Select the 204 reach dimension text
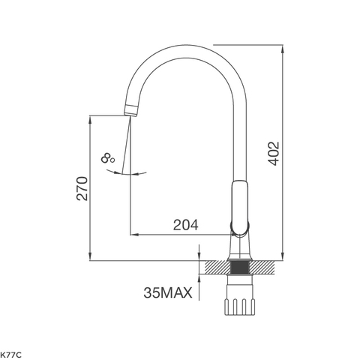tap(185, 224)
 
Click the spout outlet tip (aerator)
tap(130, 112)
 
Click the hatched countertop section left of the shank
tap(216, 266)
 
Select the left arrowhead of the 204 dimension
tap(135, 233)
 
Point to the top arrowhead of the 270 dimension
tap(90, 118)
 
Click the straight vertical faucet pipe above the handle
tap(238, 142)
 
